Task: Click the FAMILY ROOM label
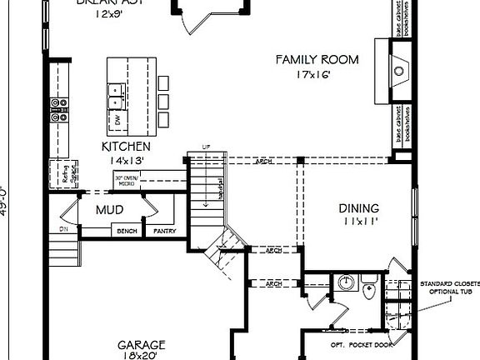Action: [317, 60]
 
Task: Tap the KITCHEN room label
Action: [125, 146]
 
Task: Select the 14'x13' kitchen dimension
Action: [124, 160]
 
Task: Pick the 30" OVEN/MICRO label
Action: [131, 178]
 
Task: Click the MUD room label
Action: [109, 210]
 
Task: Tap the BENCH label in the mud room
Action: [127, 231]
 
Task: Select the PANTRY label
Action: [163, 231]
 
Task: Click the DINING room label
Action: [358, 208]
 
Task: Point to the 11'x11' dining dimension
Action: [358, 222]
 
